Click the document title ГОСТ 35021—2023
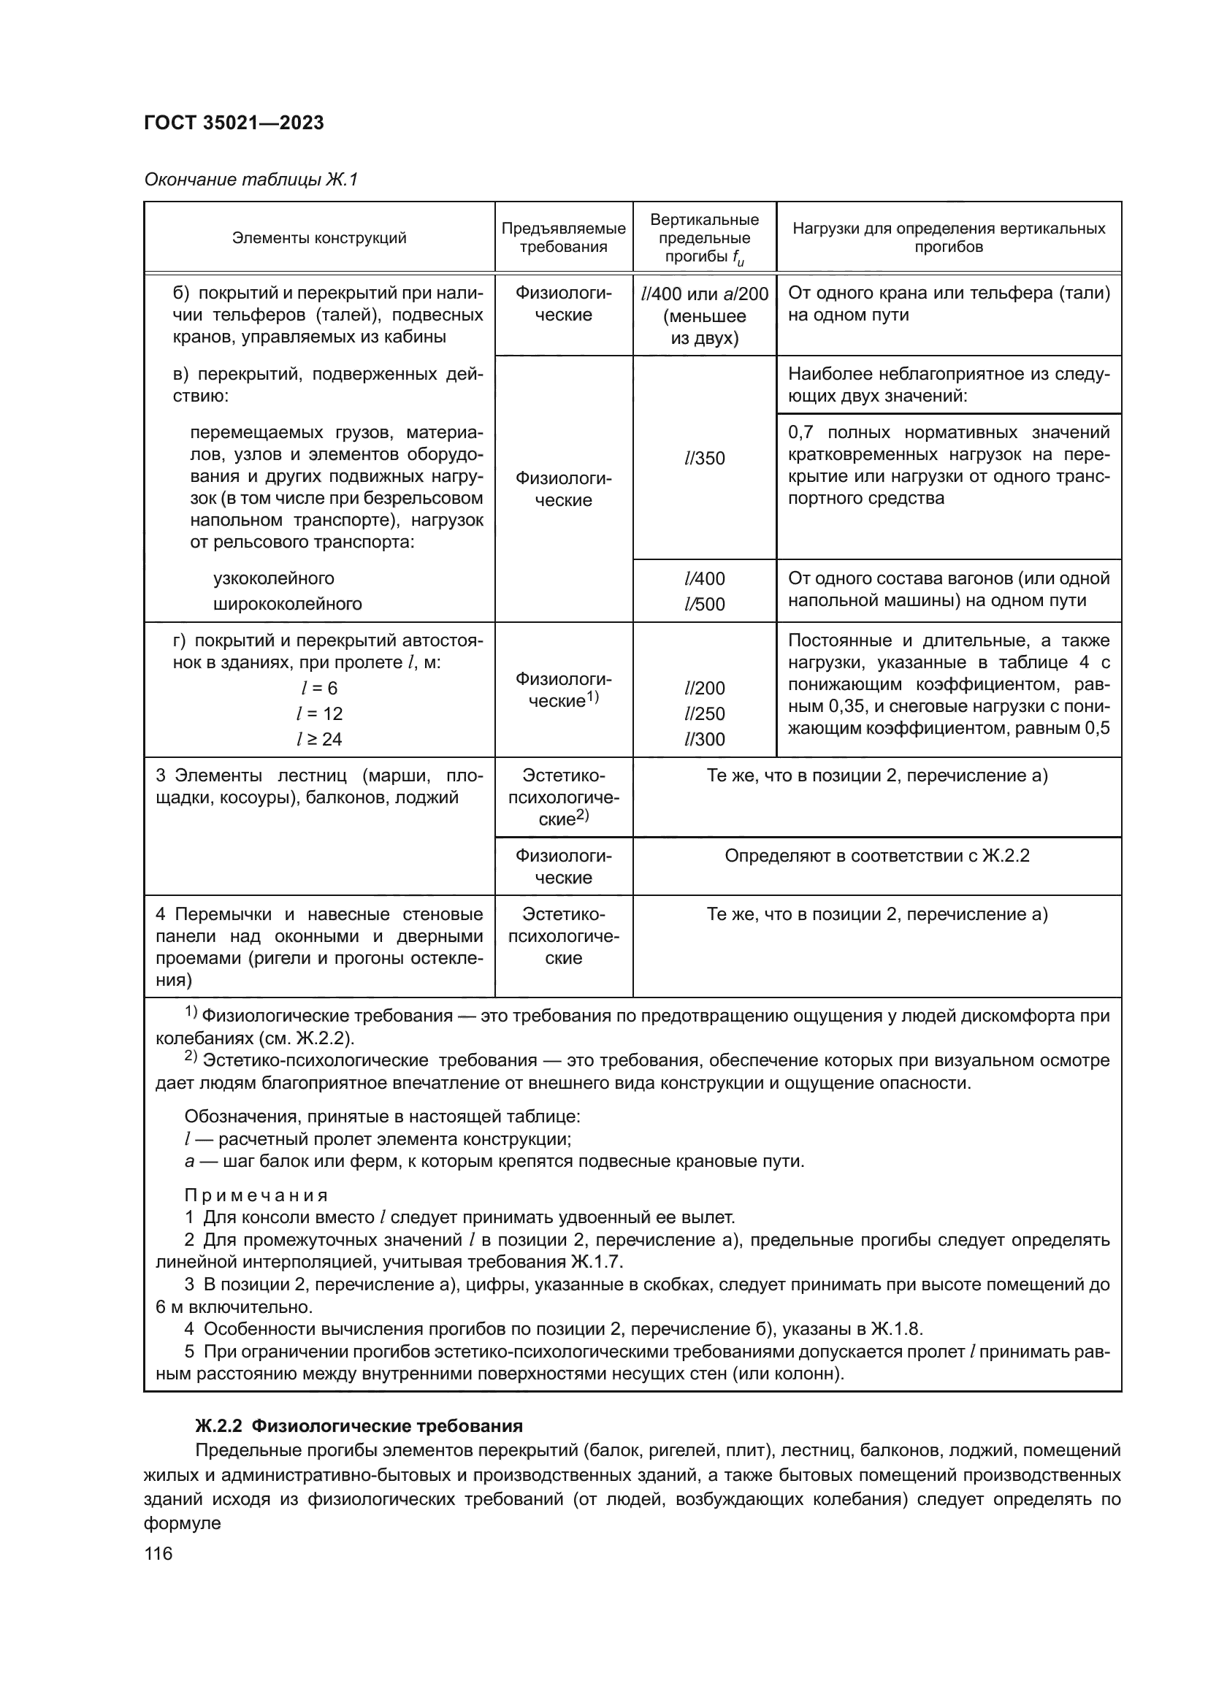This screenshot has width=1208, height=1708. coord(234,123)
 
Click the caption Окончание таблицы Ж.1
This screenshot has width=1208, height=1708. coord(251,180)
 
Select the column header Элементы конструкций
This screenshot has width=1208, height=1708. coord(319,238)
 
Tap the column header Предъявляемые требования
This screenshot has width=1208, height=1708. coord(563,238)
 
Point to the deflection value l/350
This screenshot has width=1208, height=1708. coord(703,459)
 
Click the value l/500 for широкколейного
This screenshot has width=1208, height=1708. coord(703,604)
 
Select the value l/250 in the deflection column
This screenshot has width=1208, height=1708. coord(703,713)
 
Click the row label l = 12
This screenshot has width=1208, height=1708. coord(319,713)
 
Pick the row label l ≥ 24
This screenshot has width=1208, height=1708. coord(319,739)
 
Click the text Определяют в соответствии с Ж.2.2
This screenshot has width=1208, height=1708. coord(876,856)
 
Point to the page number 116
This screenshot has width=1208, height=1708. coord(158,1553)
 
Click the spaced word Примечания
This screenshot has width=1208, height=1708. coord(256,1195)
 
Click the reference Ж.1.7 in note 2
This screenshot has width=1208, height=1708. coord(596,1262)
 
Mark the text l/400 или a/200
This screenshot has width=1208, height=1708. coord(703,294)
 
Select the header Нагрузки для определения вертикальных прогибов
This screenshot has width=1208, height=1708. coord(949,238)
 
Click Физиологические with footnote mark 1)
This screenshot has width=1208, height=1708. coord(563,689)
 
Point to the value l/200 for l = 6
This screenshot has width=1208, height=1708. coord(703,688)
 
